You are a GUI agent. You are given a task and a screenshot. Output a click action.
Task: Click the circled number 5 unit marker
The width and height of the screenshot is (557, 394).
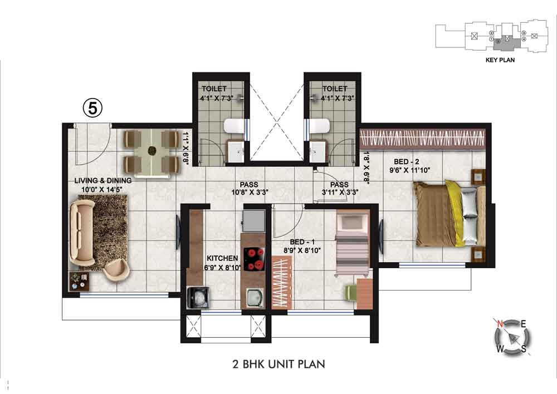pos(93,107)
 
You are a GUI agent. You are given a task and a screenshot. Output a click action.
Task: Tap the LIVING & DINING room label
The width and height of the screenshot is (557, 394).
pos(104,180)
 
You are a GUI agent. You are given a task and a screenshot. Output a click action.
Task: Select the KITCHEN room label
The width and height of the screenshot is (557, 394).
pos(222,258)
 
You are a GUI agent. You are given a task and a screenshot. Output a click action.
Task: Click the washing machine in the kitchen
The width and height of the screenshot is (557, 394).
pos(198,298)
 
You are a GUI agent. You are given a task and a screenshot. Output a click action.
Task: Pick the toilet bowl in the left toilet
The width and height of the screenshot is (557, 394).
pos(234,127)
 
